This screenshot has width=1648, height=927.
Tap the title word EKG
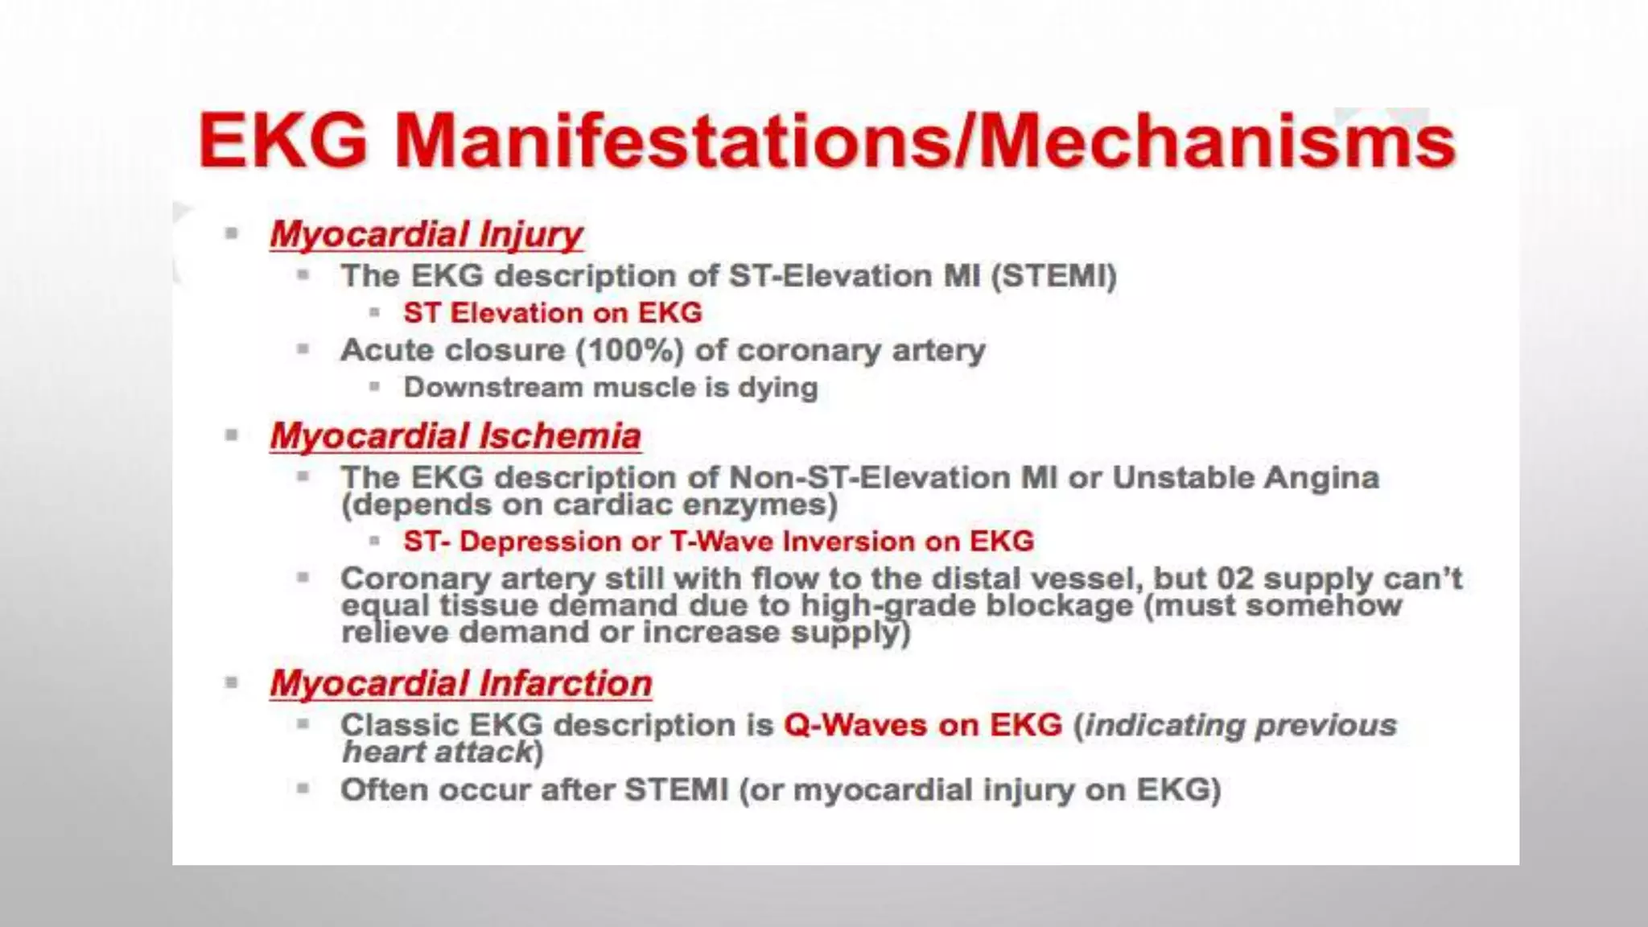click(x=283, y=141)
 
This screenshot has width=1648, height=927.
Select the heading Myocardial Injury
click(x=426, y=234)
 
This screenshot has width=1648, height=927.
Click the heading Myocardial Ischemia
click(x=455, y=436)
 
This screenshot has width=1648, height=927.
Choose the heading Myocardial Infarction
click(x=460, y=684)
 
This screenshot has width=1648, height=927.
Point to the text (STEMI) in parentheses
click(x=1054, y=276)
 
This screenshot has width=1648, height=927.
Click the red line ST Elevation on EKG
click(x=552, y=313)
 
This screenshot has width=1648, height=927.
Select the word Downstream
click(x=492, y=388)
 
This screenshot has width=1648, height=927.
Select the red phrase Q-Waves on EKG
click(x=923, y=725)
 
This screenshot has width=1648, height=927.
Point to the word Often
click(x=384, y=790)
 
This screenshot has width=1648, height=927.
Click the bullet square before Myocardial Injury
click(x=232, y=234)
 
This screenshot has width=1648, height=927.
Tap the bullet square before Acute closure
click(x=303, y=349)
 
